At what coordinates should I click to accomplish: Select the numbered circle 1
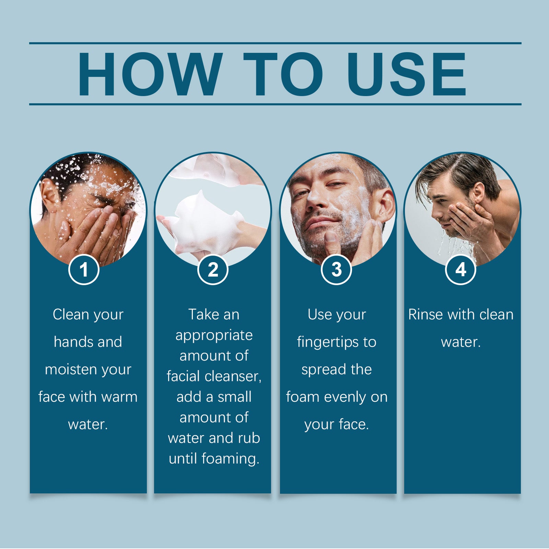point(84,270)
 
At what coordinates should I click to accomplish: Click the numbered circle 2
point(213,270)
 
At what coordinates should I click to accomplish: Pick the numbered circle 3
point(337,270)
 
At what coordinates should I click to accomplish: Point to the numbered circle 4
point(460,270)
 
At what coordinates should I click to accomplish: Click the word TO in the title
point(283,74)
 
